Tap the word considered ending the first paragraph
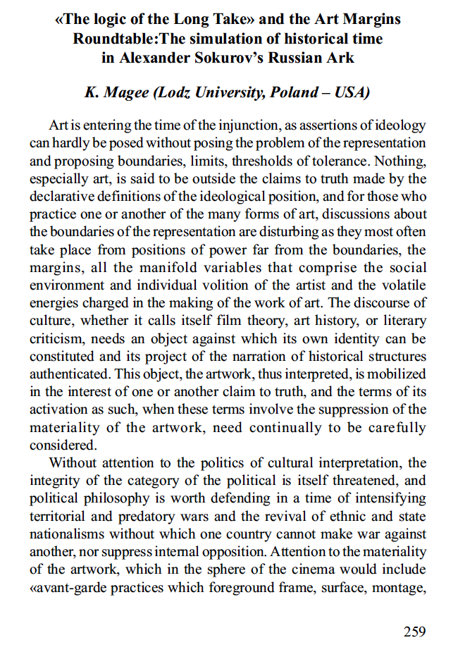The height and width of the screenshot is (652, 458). [61, 445]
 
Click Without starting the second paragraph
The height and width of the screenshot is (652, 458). [73, 463]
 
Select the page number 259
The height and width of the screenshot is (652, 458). [414, 631]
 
